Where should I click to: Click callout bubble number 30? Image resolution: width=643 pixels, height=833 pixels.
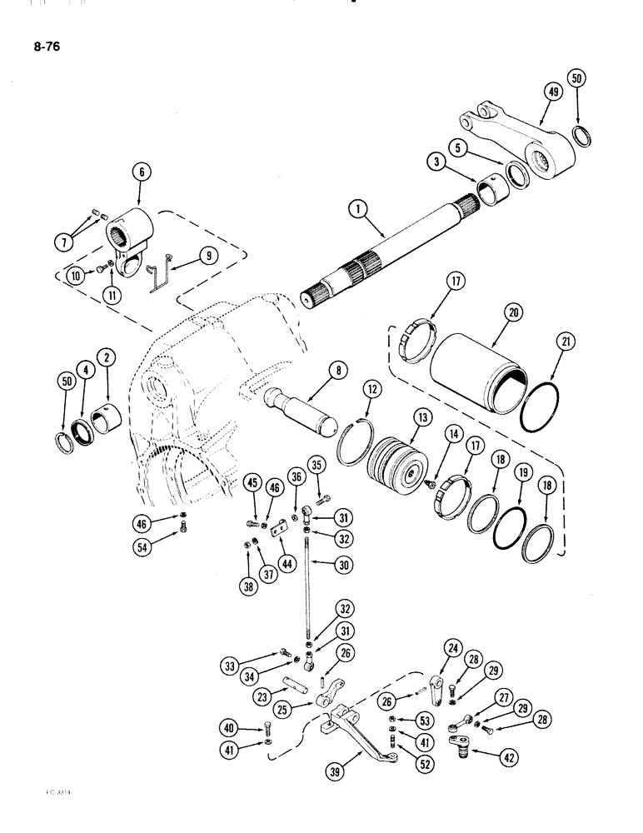click(341, 563)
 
